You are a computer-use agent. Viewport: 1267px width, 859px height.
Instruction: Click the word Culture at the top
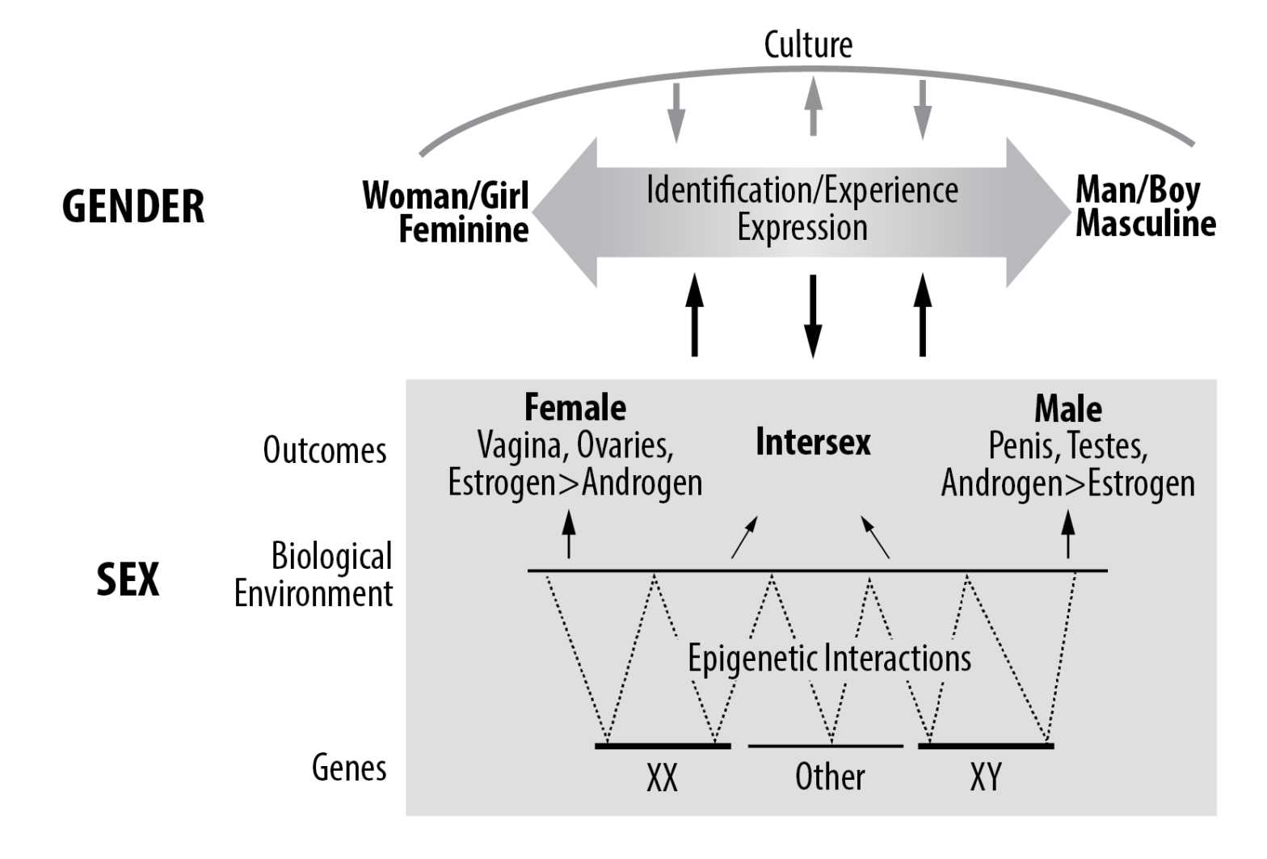[808, 44]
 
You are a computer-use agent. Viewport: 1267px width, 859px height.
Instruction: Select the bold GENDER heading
[133, 206]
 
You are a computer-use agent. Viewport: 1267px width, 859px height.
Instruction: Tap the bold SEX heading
[128, 579]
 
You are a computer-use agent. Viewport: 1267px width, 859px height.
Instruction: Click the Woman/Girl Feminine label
[446, 212]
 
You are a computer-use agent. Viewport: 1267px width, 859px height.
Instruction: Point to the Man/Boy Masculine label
[1145, 207]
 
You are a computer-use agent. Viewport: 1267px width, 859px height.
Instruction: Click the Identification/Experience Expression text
[802, 208]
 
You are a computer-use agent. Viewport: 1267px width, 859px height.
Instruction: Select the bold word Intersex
[813, 442]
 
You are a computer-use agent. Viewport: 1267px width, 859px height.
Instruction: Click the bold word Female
[575, 407]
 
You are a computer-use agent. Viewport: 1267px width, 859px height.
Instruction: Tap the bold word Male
[1068, 409]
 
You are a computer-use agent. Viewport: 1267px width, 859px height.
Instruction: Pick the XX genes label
[662, 777]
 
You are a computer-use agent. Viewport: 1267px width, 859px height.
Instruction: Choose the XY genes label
[985, 777]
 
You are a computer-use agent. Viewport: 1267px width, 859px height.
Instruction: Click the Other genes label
[830, 777]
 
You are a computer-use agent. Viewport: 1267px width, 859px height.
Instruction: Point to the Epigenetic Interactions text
[829, 658]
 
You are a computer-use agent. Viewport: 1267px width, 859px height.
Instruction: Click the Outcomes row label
[325, 450]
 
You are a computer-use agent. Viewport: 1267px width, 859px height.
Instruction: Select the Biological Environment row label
[314, 575]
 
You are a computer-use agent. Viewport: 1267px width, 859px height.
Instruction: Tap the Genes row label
[349, 767]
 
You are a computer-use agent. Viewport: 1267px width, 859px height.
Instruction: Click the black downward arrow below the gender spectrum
[813, 315]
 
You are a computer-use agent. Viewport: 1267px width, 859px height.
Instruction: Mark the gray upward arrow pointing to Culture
[813, 109]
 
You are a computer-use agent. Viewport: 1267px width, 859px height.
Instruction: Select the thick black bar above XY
[986, 745]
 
